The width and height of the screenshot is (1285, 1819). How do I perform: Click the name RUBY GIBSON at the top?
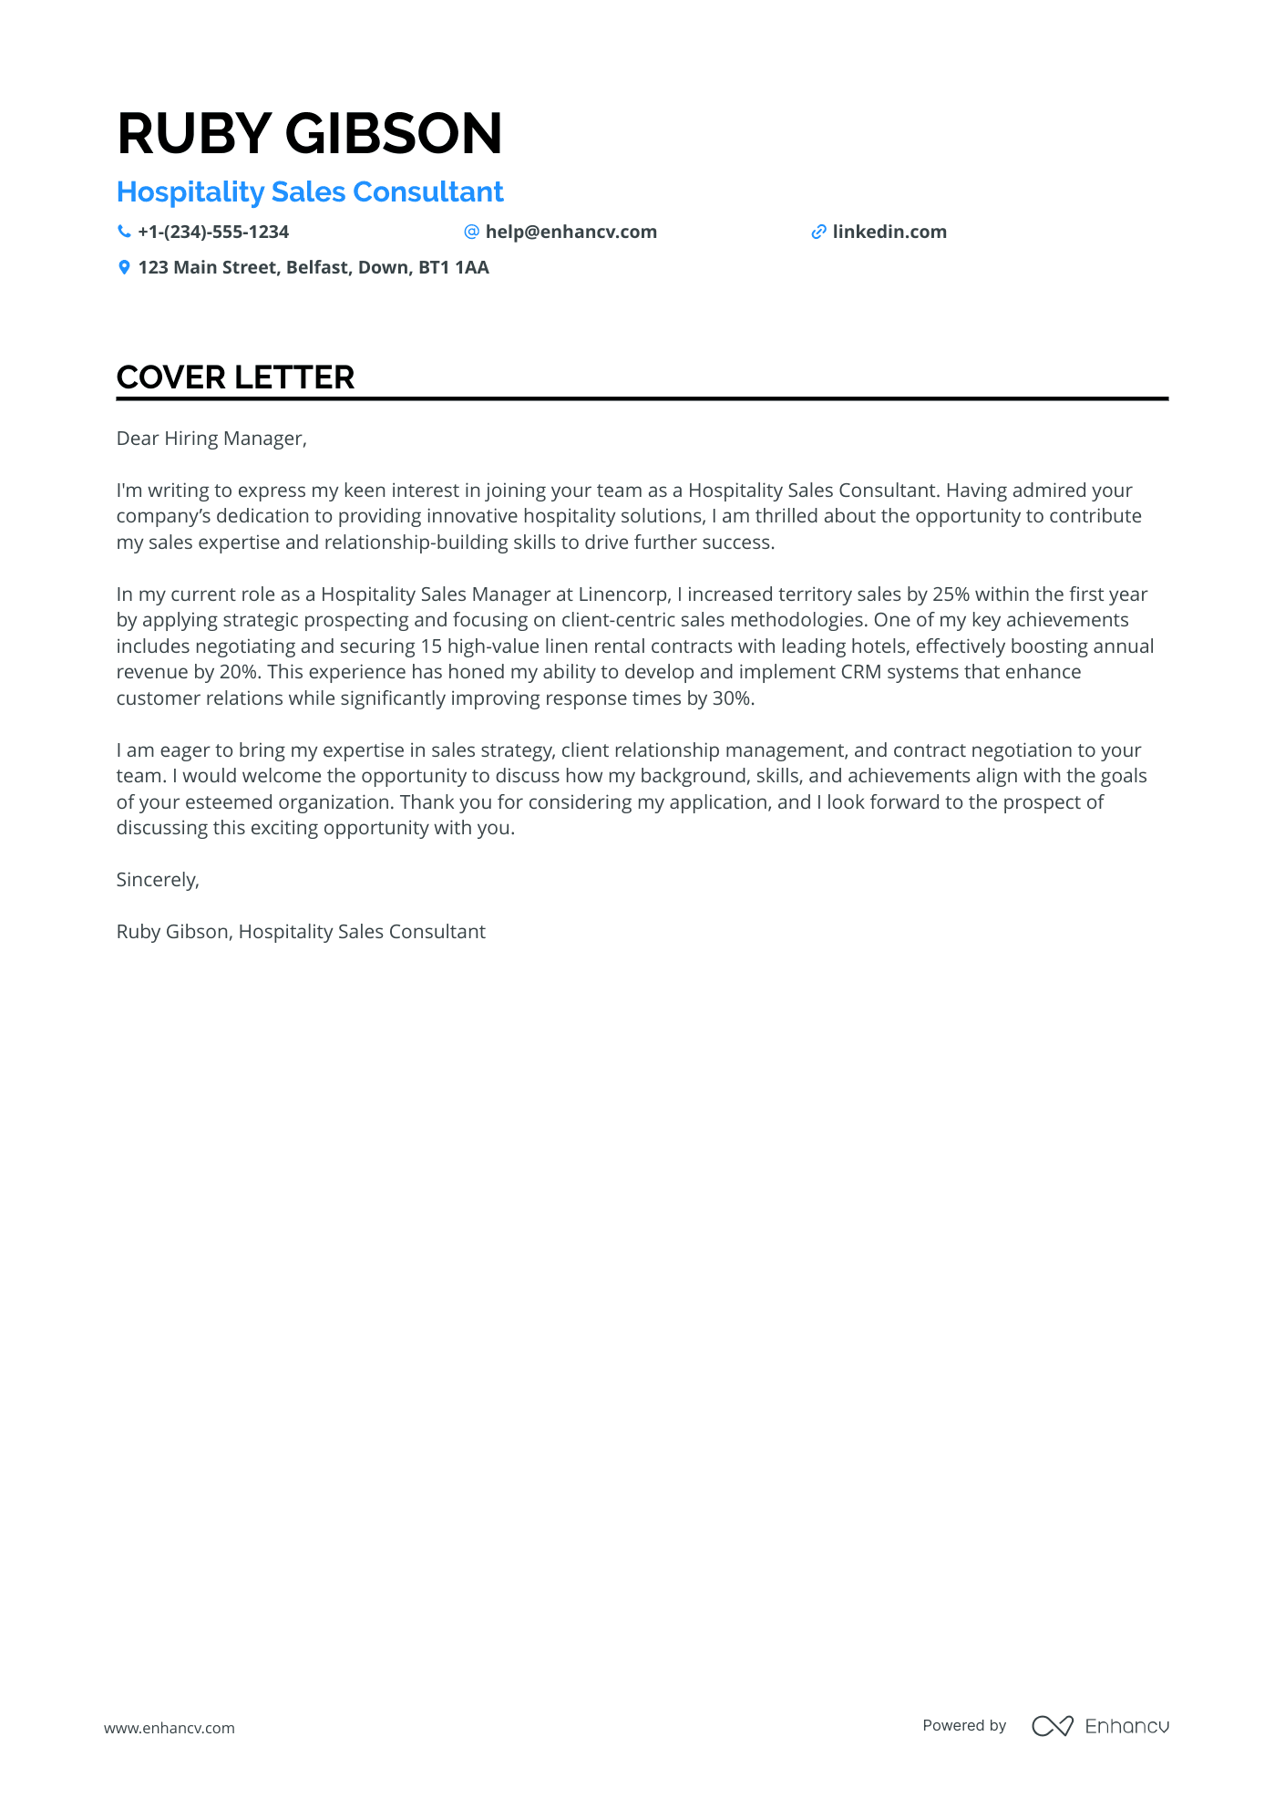tap(309, 133)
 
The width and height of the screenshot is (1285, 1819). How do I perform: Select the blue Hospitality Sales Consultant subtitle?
tap(310, 192)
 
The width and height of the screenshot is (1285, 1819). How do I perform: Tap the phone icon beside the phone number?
tap(124, 233)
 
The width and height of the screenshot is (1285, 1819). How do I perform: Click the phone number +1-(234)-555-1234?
tap(213, 233)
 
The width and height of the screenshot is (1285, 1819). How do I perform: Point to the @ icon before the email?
tap(471, 233)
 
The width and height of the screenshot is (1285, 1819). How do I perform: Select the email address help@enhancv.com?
tap(571, 233)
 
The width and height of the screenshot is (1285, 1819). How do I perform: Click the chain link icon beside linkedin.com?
tap(818, 233)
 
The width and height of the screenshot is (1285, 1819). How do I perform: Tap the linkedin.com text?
tap(889, 233)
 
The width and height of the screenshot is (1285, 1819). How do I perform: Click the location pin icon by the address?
tap(124, 268)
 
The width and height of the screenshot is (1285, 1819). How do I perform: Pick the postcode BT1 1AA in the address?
tap(454, 268)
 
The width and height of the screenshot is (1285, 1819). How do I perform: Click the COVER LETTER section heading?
tap(235, 377)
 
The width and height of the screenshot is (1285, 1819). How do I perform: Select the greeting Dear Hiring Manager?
tap(211, 439)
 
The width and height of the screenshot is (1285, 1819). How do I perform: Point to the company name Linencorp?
tap(622, 594)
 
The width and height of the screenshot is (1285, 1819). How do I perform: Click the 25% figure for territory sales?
tap(951, 594)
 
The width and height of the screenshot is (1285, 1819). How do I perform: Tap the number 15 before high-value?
tap(431, 646)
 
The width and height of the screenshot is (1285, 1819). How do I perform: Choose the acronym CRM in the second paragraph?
tap(860, 672)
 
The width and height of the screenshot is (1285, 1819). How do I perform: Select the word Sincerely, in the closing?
tap(158, 880)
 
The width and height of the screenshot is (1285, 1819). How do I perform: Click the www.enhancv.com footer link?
tap(170, 1728)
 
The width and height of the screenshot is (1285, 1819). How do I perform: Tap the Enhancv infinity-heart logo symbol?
tap(1053, 1726)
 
